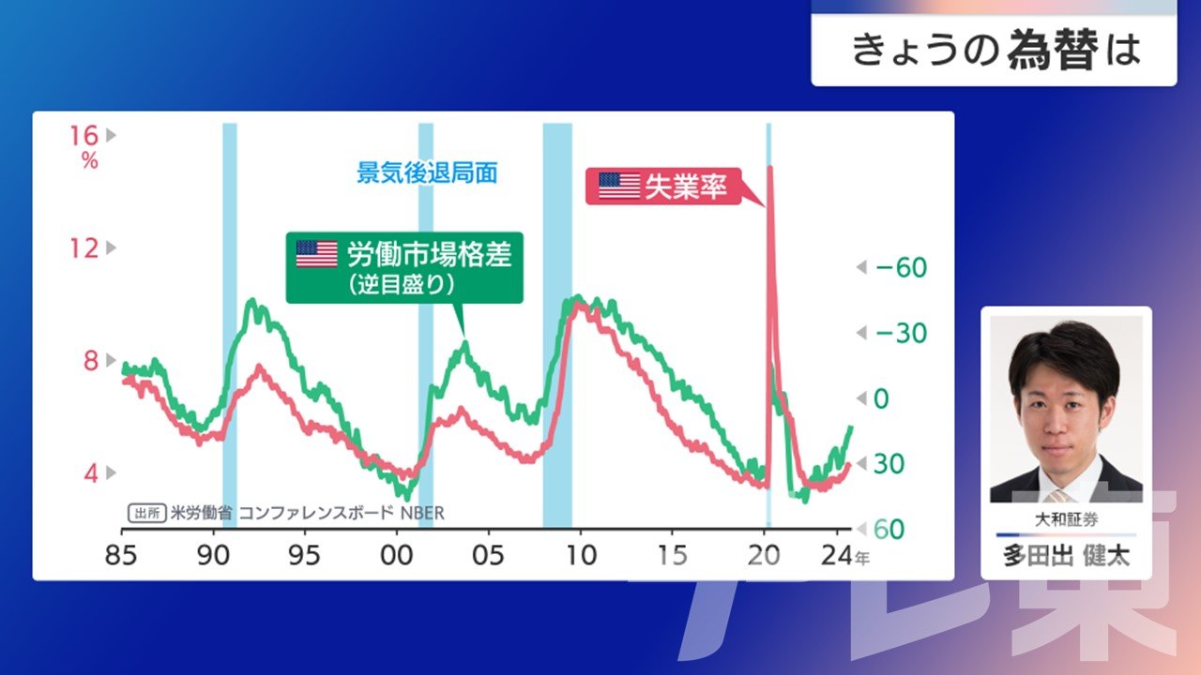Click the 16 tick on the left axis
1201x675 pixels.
(x=84, y=136)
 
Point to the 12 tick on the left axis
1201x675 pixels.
(x=84, y=248)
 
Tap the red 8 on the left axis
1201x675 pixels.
(x=91, y=361)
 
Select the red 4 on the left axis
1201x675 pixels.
(x=91, y=473)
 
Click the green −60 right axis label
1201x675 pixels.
(x=901, y=267)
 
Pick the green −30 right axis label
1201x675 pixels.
(x=901, y=333)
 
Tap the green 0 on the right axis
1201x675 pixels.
(x=881, y=398)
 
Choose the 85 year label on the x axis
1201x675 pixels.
(x=121, y=556)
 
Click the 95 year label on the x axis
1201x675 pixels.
(x=304, y=556)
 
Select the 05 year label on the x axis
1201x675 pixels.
(x=488, y=556)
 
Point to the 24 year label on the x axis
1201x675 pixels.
(x=836, y=556)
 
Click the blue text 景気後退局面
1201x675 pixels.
(x=427, y=172)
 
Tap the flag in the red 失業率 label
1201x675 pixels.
(x=619, y=186)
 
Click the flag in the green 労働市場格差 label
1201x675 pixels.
(x=317, y=254)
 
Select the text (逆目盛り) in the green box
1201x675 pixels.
(x=402, y=284)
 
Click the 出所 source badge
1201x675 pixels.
(x=147, y=513)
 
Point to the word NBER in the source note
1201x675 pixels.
(x=422, y=513)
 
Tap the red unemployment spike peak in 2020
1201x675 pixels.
(x=770, y=168)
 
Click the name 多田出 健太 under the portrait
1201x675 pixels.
(x=1066, y=556)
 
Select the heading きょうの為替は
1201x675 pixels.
(x=996, y=50)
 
